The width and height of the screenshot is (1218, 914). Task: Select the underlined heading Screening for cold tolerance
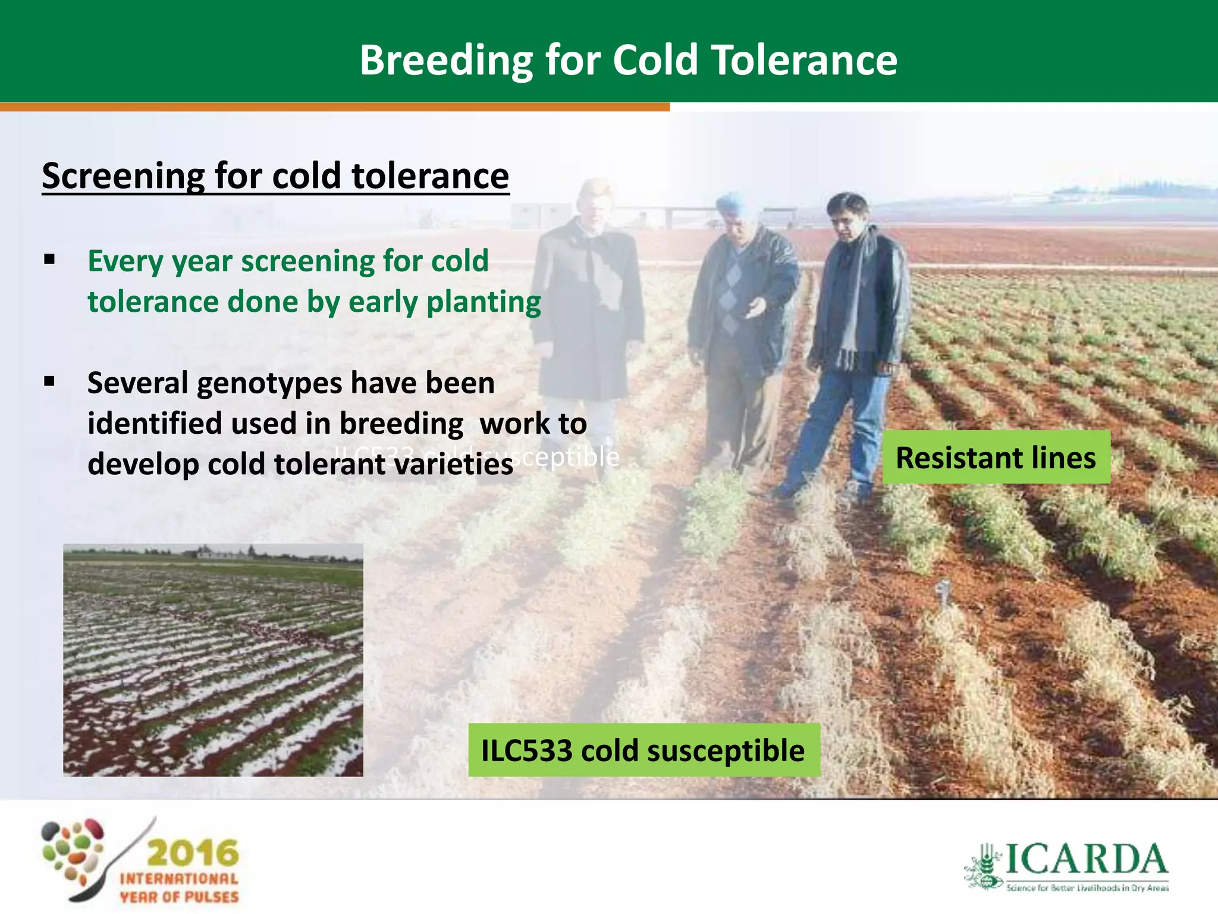[275, 176]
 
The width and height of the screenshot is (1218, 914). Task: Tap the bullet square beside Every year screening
[49, 259]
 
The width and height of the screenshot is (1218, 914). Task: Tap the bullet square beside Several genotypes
[49, 381]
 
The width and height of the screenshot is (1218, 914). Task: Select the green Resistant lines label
[996, 457]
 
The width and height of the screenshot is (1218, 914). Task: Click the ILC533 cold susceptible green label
[643, 750]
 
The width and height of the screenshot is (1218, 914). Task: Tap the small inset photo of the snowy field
[213, 659]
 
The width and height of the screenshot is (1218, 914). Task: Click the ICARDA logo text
[1085, 859]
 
